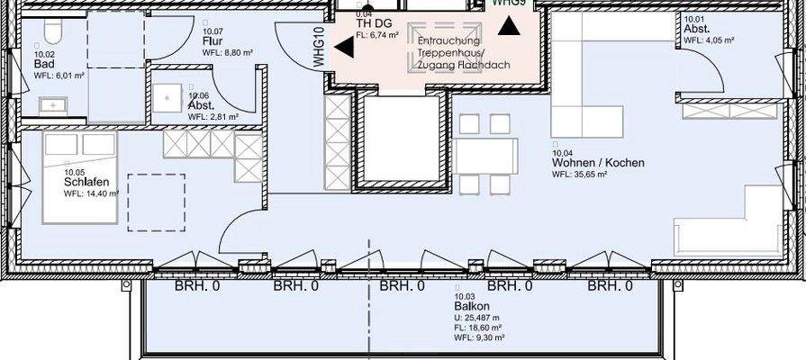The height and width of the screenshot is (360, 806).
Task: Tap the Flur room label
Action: (x=213, y=42)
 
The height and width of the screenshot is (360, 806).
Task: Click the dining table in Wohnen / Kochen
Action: (x=486, y=157)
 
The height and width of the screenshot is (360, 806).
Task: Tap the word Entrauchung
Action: (x=449, y=41)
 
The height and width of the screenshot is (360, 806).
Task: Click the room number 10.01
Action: (x=694, y=19)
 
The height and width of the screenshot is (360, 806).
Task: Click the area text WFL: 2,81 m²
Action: (x=213, y=117)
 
